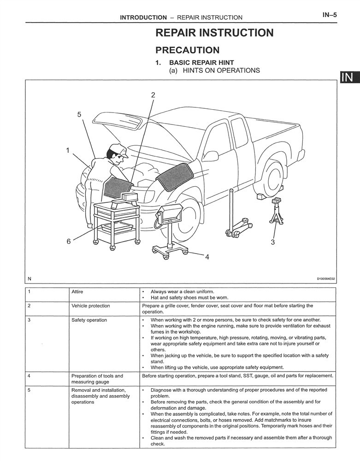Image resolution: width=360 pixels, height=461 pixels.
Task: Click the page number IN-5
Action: [330, 15]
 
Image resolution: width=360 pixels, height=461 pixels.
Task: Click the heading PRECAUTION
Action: [188, 50]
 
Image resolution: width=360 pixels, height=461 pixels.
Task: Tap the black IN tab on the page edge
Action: [350, 77]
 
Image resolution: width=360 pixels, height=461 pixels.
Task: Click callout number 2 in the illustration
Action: [153, 95]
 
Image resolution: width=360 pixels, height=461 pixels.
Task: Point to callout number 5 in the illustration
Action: [79, 114]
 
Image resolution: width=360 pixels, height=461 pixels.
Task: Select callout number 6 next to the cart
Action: [69, 242]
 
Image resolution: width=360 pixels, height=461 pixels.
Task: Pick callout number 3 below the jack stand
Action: [273, 242]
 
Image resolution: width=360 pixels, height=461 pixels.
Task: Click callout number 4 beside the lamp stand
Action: [207, 257]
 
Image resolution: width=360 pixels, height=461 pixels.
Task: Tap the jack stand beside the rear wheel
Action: [276, 212]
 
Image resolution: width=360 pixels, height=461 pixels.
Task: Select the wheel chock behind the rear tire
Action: [261, 196]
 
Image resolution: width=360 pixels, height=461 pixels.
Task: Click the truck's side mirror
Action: [211, 156]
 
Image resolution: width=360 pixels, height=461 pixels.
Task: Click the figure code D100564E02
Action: [325, 279]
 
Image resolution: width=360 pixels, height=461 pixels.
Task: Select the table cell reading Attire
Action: [77, 292]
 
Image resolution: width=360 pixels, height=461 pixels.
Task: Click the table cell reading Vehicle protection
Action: [90, 306]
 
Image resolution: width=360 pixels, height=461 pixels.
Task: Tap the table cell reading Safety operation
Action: [89, 320]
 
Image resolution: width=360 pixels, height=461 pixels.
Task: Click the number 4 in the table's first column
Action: [29, 376]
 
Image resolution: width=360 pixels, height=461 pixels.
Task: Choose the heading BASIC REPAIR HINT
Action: [201, 63]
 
